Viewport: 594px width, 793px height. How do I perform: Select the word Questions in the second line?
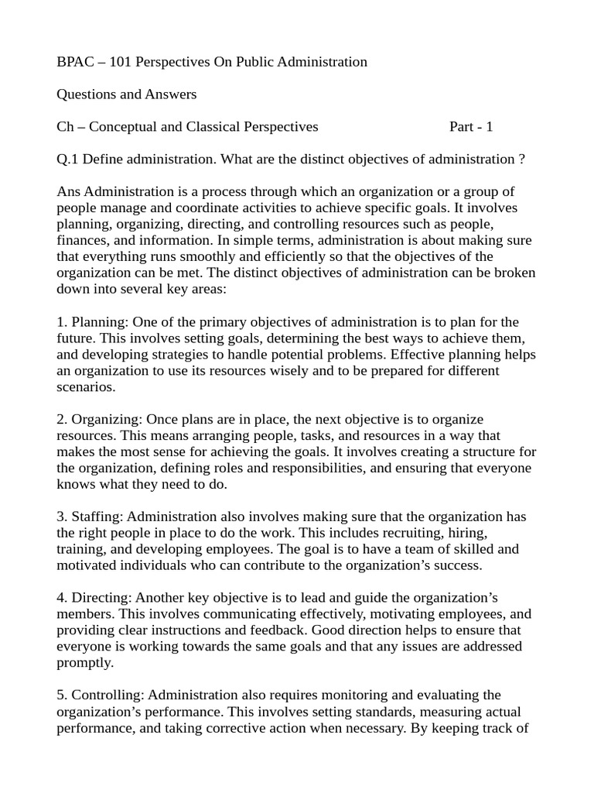coord(88,94)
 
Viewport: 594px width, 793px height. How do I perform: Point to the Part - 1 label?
coord(470,126)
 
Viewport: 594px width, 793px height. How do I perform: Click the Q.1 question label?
coord(68,159)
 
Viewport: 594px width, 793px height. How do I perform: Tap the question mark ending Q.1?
coord(521,159)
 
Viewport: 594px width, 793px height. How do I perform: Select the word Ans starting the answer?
coord(69,191)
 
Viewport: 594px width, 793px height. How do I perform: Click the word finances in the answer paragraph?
coord(81,240)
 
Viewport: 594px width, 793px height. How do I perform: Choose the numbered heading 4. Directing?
coord(93,597)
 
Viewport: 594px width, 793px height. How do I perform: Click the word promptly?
coord(84,662)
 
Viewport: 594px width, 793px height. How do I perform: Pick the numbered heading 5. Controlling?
coord(99,695)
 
